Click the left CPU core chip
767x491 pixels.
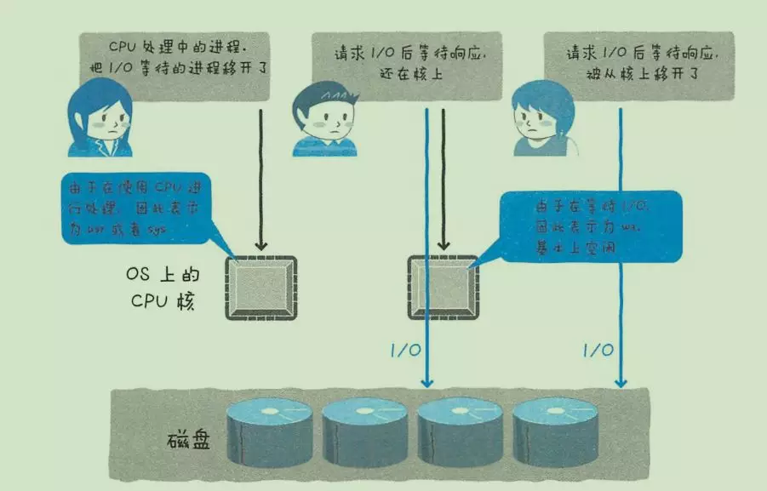260,288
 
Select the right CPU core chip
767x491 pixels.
443,288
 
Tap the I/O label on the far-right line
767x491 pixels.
598,350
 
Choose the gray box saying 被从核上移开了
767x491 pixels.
638,64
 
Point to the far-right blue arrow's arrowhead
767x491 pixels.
621,382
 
